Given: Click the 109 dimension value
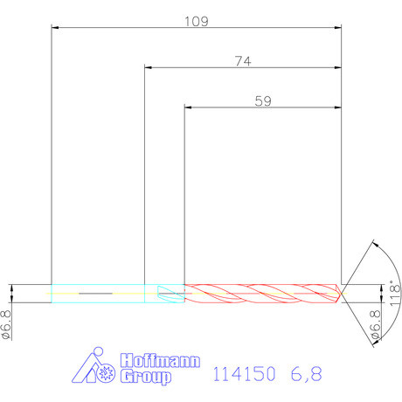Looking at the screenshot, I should (x=197, y=21).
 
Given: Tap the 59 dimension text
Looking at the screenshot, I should (x=262, y=100).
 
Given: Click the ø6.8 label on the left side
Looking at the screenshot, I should (x=7, y=323).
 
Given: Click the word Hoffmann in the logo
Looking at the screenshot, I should (x=159, y=361).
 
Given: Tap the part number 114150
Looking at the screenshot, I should (x=245, y=374).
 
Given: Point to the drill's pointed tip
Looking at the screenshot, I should (x=341, y=293).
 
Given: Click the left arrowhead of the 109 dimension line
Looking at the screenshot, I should (x=56, y=28).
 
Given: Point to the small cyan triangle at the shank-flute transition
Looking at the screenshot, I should (x=166, y=293).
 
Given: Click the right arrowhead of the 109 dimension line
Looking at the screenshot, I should (x=337, y=28).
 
